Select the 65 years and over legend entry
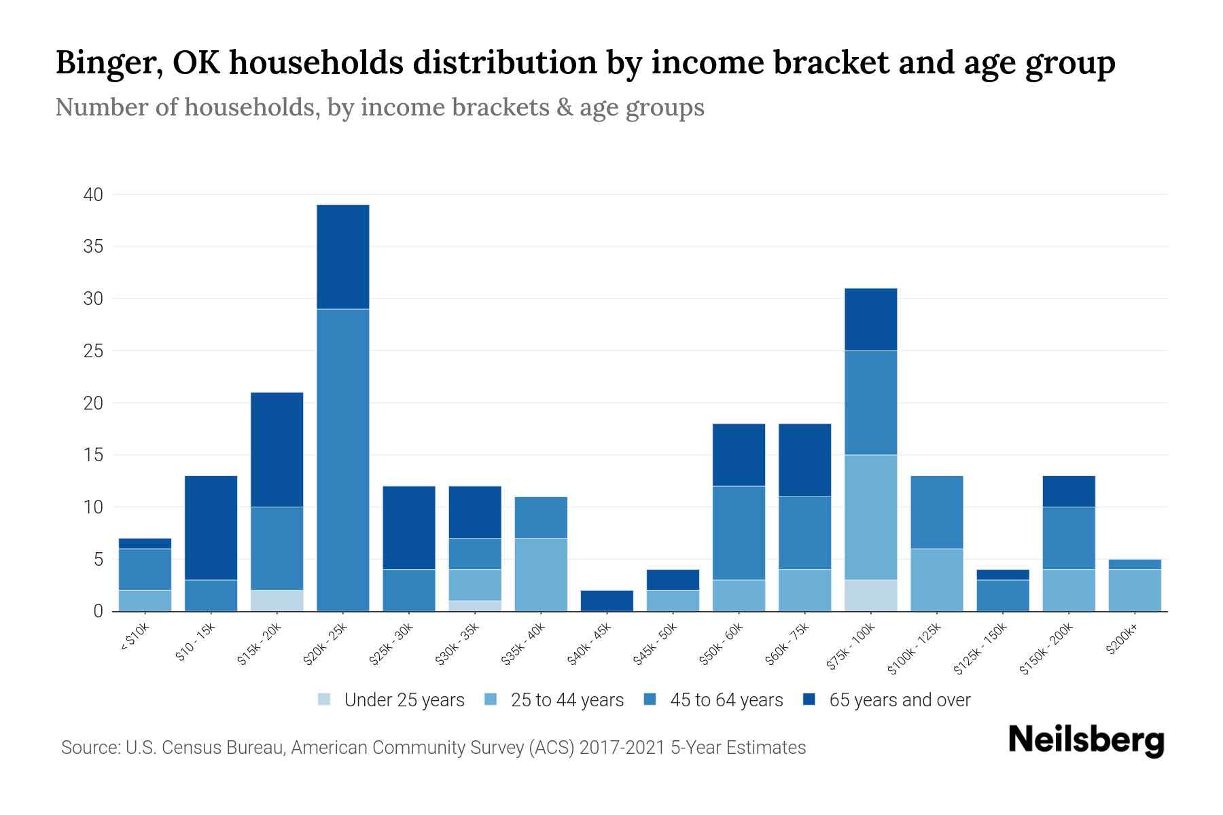(x=887, y=700)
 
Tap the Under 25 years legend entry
(x=392, y=700)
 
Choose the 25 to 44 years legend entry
(x=555, y=700)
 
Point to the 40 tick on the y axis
(x=93, y=195)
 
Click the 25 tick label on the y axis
(x=93, y=351)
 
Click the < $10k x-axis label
(x=135, y=638)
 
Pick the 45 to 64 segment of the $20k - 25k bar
(x=343, y=460)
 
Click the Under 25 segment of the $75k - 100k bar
(x=870, y=596)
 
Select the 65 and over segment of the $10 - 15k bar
(x=211, y=528)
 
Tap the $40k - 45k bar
(x=607, y=601)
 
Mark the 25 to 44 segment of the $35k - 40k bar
(x=541, y=575)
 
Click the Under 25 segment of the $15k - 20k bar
(x=277, y=601)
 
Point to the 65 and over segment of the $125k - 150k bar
(x=1002, y=575)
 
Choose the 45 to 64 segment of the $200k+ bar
(x=1135, y=564)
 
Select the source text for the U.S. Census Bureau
(x=433, y=748)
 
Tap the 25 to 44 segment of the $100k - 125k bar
(x=936, y=580)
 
